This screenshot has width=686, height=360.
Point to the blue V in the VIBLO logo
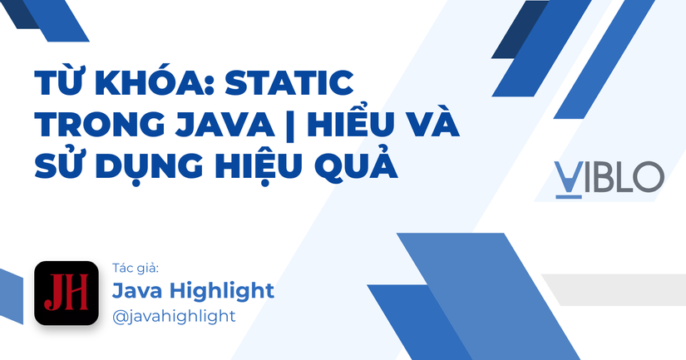569,177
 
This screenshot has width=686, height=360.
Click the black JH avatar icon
67,293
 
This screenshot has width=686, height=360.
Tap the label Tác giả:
135,268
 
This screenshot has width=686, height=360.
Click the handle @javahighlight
174,316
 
